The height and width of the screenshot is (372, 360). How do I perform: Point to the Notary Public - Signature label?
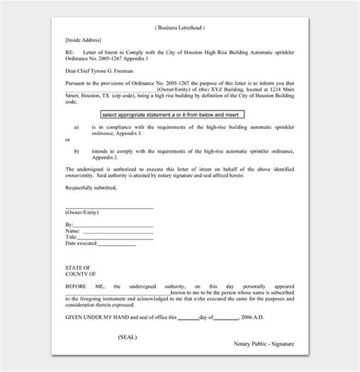[263, 345]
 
